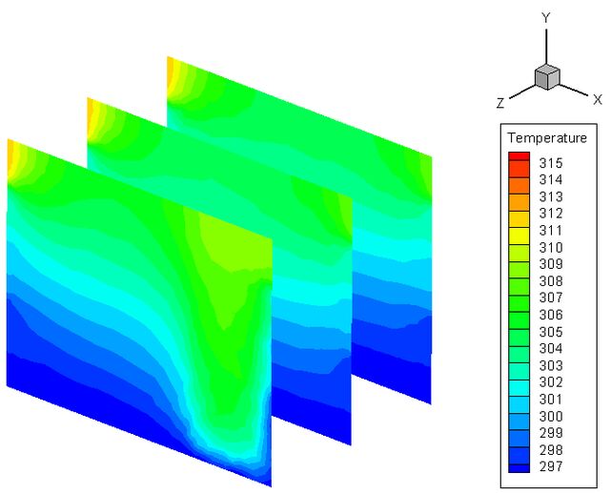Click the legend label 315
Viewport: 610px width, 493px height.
tap(551, 163)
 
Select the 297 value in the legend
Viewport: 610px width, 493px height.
tap(551, 466)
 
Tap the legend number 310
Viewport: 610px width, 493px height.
tap(551, 248)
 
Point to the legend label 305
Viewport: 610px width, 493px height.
tap(551, 332)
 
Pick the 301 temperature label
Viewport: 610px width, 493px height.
tap(551, 400)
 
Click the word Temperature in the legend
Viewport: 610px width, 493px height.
tap(547, 137)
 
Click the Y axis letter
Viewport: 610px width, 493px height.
tap(546, 18)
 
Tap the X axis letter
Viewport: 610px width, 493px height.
tap(598, 99)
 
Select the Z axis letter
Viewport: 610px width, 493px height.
tap(500, 103)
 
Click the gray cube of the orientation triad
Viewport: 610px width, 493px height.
tap(547, 77)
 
